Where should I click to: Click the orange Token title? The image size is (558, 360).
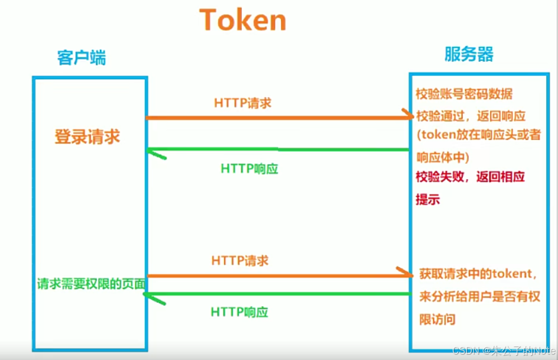tap(243, 20)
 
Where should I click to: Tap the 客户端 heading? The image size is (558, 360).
tap(82, 58)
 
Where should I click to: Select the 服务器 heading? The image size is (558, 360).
tap(469, 54)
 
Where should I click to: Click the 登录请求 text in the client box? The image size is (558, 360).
tap(87, 137)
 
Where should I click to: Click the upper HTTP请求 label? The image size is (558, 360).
tap(243, 102)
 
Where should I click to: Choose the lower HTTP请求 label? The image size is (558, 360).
tap(240, 261)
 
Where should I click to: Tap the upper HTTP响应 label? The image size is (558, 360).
tap(249, 168)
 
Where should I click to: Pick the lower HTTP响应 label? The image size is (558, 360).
tap(239, 312)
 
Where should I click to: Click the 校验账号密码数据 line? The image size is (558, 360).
tap(464, 94)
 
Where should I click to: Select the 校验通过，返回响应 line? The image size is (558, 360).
tap(471, 115)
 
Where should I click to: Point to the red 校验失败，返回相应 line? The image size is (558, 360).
tap(471, 177)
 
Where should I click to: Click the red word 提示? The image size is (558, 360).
tap(428, 199)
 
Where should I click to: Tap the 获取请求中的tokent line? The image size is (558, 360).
tap(478, 274)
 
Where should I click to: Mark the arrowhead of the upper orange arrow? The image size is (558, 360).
tap(408, 116)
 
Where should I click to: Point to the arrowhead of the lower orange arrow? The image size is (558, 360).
tap(407, 274)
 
